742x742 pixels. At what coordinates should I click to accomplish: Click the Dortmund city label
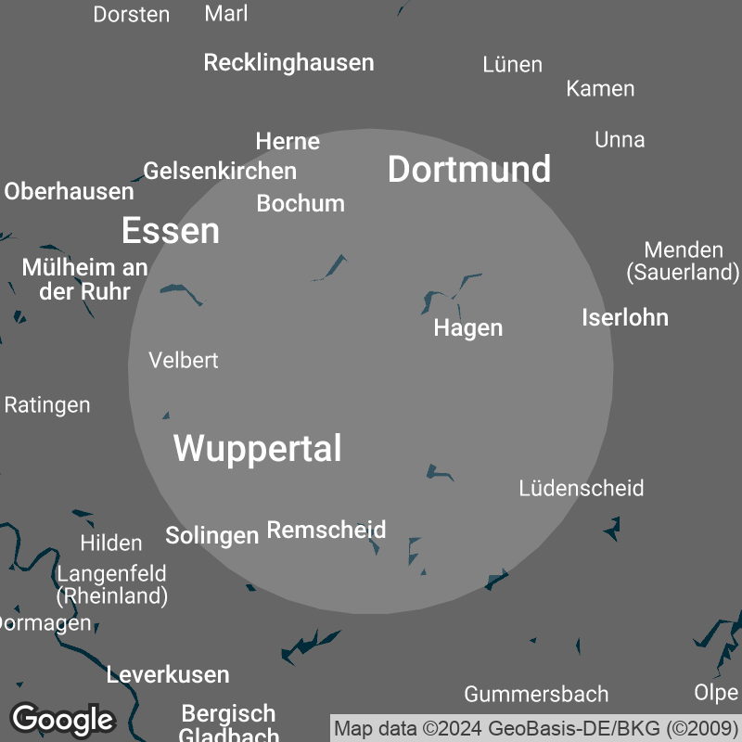coord(468,170)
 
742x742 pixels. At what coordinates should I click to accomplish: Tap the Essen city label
coord(171,231)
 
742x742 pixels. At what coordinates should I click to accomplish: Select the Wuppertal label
coord(257,449)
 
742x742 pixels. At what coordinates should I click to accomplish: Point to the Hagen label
coord(468,328)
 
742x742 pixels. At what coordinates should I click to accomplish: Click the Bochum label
coord(301,203)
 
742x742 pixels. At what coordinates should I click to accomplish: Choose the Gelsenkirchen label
coord(220,171)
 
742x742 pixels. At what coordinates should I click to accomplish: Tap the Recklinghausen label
coord(288,63)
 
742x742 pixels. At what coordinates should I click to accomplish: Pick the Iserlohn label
coord(625,317)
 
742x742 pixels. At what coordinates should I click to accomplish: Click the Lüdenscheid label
coord(582,488)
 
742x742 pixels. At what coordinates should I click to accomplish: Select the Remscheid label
coord(326,531)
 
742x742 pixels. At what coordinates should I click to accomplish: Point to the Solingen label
coord(211,535)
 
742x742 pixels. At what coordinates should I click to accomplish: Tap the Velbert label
coord(184,360)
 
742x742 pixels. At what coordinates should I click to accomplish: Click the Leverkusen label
coord(168,674)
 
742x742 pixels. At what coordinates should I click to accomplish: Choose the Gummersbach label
coord(536,694)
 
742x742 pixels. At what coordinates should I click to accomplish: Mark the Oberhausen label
coord(70,192)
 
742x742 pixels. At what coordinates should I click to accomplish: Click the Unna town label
coord(620,140)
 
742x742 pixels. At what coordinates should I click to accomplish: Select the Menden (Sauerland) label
coord(684,261)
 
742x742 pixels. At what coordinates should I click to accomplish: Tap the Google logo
coord(62,720)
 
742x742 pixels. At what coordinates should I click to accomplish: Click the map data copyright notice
coord(536,728)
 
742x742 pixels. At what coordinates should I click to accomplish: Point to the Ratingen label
coord(47,405)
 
